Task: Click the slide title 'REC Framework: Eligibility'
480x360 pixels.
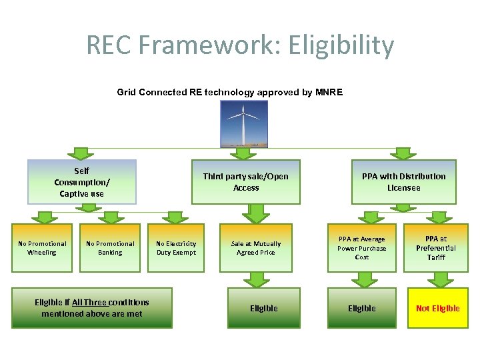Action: [x=240, y=45]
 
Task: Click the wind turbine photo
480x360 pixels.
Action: [x=244, y=123]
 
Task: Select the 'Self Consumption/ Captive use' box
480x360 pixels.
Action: [x=81, y=182]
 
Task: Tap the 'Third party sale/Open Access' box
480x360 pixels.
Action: [x=246, y=182]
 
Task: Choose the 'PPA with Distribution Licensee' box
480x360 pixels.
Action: [x=403, y=182]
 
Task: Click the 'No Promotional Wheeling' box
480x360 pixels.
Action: [x=42, y=248]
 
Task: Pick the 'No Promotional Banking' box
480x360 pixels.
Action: [x=110, y=248]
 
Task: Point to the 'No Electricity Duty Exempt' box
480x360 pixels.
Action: [x=176, y=248]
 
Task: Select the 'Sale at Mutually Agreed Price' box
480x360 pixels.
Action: [x=256, y=248]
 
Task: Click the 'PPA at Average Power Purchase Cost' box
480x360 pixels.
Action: [x=362, y=248]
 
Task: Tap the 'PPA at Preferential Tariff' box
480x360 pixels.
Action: [x=436, y=248]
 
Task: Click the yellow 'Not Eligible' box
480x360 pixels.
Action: [x=437, y=308]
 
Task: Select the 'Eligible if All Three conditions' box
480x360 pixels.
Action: [x=92, y=308]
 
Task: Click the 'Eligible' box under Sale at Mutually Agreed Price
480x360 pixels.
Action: [x=264, y=308]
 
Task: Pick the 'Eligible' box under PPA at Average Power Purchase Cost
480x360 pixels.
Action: [x=362, y=308]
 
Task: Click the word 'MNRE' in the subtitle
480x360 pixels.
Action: [x=328, y=92]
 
